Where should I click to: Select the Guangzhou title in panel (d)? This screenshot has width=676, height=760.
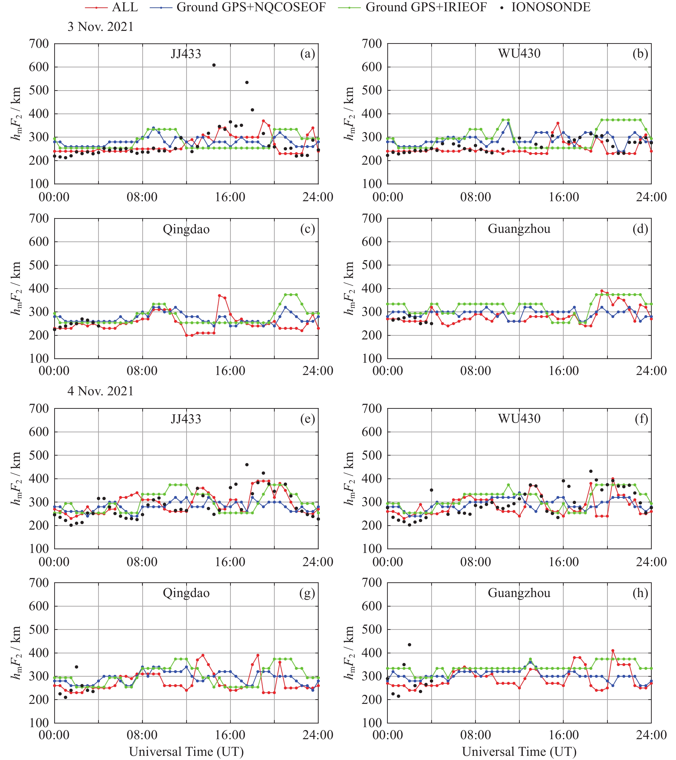point(519,229)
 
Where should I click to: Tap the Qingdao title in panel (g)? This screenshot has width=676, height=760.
point(186,593)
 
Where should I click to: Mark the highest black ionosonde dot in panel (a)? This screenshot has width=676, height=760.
point(214,65)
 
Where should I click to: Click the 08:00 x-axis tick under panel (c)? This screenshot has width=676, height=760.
point(142,371)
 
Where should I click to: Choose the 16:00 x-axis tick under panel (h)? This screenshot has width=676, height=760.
point(564,735)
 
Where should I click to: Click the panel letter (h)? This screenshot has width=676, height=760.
point(640,593)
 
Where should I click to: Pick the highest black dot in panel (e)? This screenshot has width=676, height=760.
point(247,465)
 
